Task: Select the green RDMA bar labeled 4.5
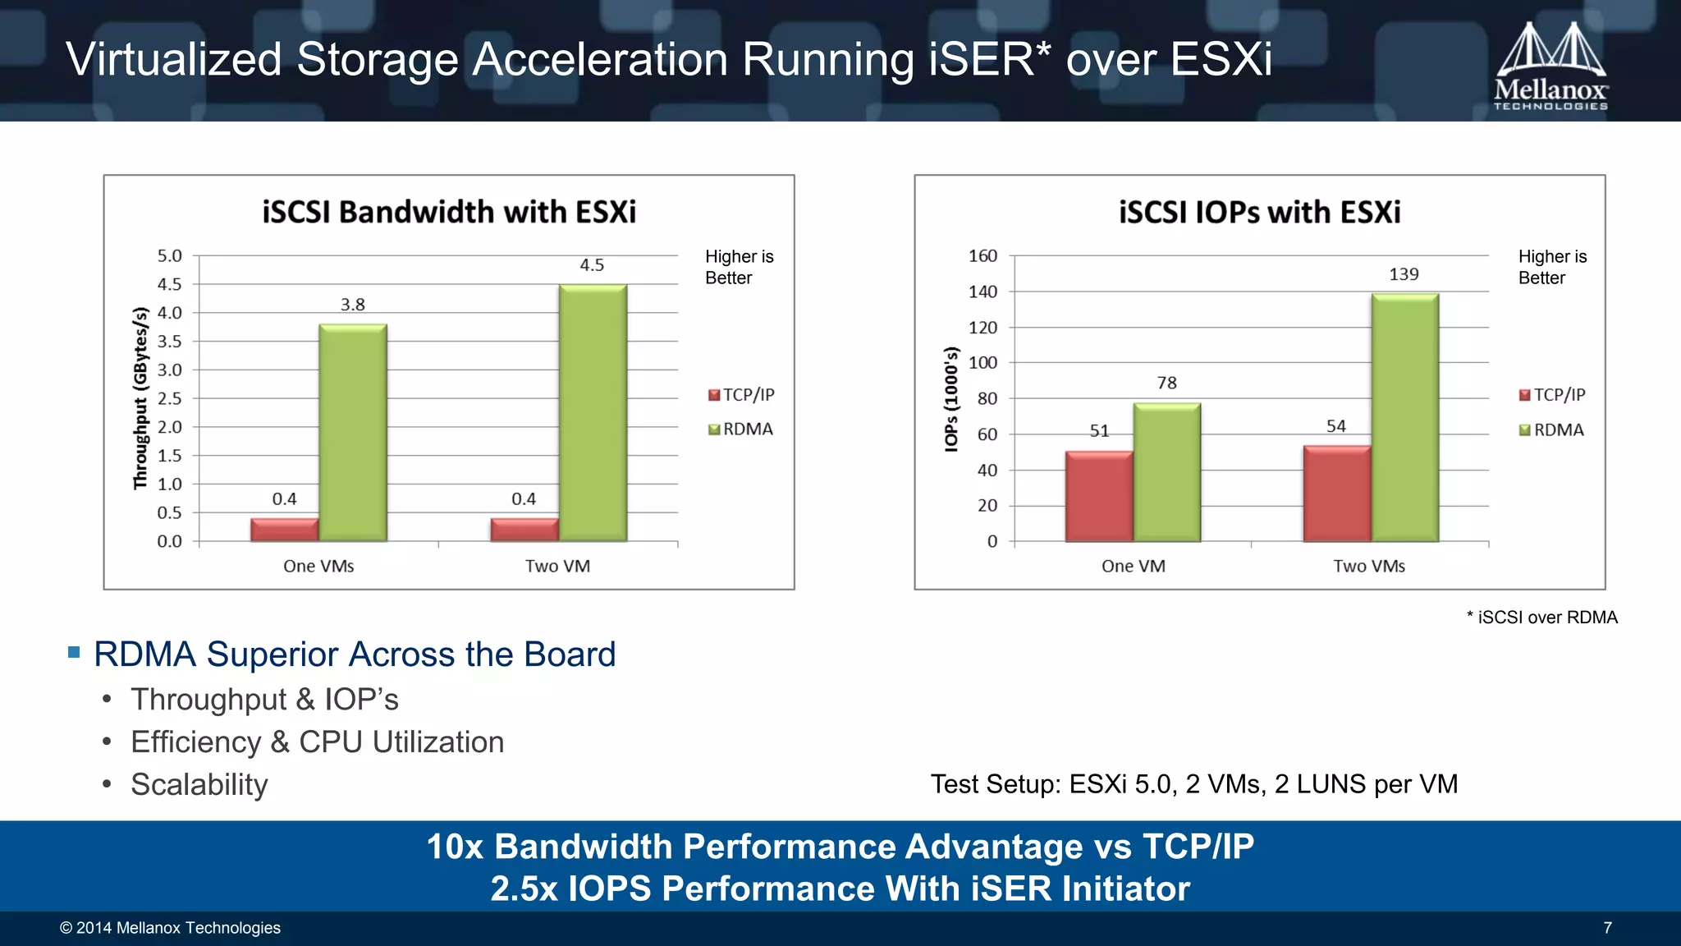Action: point(593,413)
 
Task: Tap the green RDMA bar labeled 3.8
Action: point(353,433)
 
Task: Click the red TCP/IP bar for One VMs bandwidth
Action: point(284,530)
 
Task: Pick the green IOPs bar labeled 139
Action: point(1404,418)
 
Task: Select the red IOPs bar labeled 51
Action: point(1099,496)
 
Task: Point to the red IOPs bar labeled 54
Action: point(1336,494)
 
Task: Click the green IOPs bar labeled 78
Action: point(1166,472)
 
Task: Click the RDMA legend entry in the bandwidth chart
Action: point(741,429)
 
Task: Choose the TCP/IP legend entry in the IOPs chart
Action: point(1552,395)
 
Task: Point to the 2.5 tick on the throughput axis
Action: point(170,399)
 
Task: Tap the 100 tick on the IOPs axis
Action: point(982,363)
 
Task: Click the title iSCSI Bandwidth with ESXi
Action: point(449,212)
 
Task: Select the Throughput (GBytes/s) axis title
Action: point(140,398)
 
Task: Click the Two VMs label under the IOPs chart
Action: point(1368,567)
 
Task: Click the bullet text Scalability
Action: point(199,785)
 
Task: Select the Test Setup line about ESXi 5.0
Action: point(1193,784)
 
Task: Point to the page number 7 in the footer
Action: point(1607,928)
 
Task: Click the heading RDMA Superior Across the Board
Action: point(355,654)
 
